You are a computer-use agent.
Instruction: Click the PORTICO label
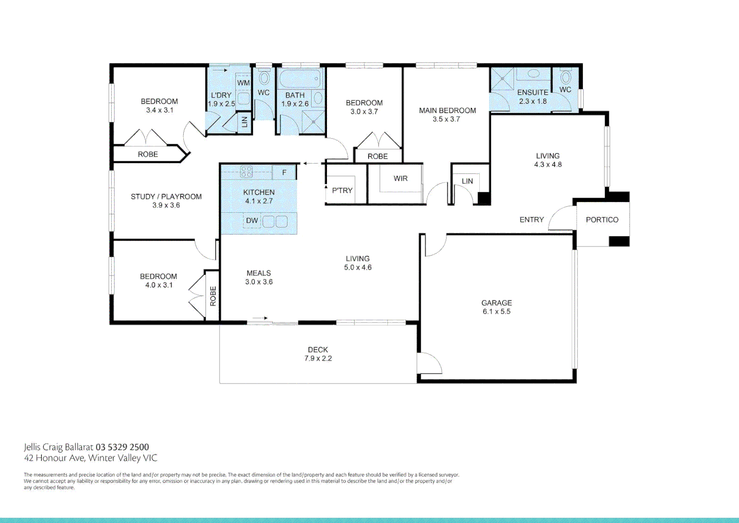pos(602,220)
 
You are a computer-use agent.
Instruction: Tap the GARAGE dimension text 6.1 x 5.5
pos(496,312)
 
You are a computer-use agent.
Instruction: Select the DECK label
pos(318,350)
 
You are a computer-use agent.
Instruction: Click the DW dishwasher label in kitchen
pos(252,221)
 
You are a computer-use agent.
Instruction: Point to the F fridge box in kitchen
pos(284,172)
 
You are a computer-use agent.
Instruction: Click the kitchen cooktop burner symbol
pos(246,171)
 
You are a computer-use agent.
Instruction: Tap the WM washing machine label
pos(243,83)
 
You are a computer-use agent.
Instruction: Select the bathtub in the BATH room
pos(300,78)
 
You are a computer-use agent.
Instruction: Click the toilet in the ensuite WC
pos(565,77)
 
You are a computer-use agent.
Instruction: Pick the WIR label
pos(400,179)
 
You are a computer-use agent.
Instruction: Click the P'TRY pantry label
pos(342,191)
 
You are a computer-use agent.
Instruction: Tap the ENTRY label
pos(532,220)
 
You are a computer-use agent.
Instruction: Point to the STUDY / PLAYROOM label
pos(166,197)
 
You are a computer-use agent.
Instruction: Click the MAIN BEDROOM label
pos(447,110)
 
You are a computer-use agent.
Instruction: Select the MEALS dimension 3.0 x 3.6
pos(259,282)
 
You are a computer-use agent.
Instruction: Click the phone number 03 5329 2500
pos(122,447)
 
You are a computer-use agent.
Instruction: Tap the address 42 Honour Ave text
pos(55,458)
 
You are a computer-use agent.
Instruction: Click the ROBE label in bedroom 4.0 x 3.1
pos(213,296)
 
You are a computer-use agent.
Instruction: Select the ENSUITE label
pos(532,92)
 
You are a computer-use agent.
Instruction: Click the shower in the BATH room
pos(313,122)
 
